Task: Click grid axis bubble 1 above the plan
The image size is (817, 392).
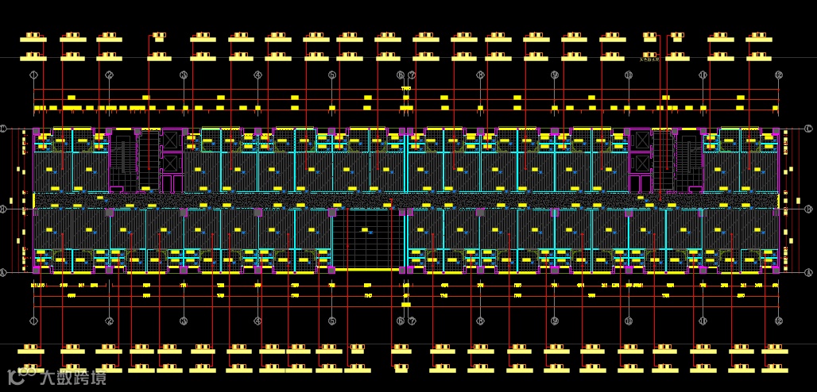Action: click(34, 75)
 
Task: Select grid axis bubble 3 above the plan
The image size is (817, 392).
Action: click(184, 75)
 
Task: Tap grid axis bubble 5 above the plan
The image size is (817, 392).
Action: click(332, 75)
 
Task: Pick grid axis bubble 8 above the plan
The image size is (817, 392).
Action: click(480, 75)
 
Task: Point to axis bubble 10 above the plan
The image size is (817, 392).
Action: click(629, 75)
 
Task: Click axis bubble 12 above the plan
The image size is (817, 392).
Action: click(779, 75)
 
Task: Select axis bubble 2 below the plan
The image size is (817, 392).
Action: click(110, 321)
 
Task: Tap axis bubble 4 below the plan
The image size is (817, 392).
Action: click(258, 321)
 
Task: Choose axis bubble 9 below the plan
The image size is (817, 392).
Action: click(555, 321)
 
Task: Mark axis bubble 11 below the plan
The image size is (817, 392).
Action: click(703, 321)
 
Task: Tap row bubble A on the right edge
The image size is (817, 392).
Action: click(809, 272)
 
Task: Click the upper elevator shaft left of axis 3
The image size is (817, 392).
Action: click(171, 139)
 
